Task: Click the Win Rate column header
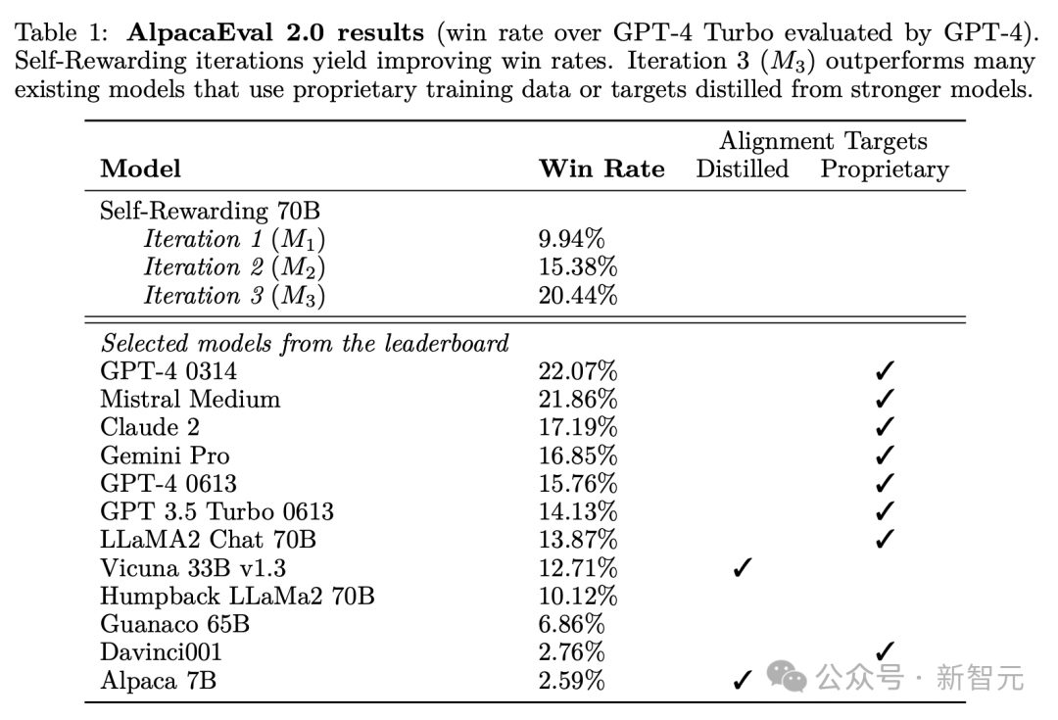click(601, 168)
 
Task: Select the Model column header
click(140, 168)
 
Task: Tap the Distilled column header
click(742, 168)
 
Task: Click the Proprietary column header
click(885, 168)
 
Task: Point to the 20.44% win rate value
click(578, 295)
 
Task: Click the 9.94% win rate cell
click(571, 239)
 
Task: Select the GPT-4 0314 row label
click(168, 371)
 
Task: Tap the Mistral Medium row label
click(190, 399)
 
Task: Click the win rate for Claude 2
click(578, 427)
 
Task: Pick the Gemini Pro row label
click(165, 456)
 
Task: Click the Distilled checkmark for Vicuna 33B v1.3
click(742, 568)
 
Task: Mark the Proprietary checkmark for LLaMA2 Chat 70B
click(885, 540)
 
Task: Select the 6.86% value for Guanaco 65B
click(571, 624)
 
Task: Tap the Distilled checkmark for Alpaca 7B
click(742, 681)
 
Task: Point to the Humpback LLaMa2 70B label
click(237, 596)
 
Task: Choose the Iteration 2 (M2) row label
click(234, 267)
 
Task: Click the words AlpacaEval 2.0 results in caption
click(275, 33)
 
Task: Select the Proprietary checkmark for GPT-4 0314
click(885, 371)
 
